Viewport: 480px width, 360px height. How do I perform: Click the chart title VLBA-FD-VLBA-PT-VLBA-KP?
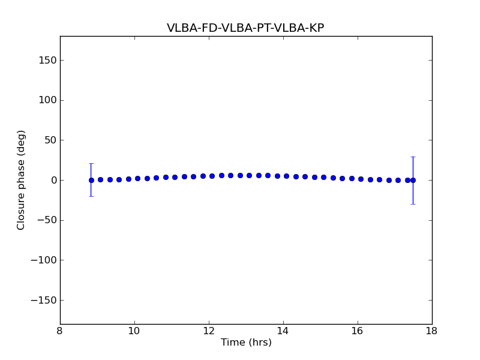tap(245, 28)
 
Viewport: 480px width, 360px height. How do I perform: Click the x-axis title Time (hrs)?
tap(246, 343)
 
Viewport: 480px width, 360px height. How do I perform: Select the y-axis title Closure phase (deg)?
tap(22, 180)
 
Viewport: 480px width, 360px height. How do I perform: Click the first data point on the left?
tap(91, 180)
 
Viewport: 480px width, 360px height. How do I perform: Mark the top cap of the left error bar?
tap(91, 163)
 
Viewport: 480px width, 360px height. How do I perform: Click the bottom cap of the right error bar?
tap(413, 204)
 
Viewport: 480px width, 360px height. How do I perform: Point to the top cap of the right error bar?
tap(413, 157)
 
